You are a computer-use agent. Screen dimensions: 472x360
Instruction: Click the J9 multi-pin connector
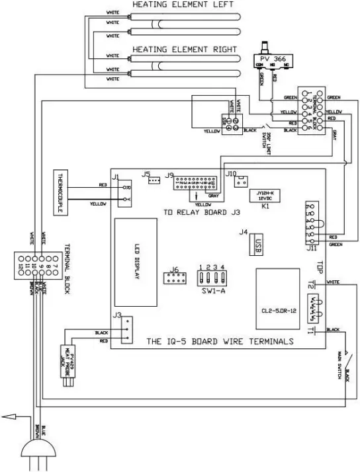pos(197,182)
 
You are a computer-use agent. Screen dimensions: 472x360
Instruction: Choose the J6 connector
pos(175,278)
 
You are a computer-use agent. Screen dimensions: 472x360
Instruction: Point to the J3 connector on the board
pos(126,329)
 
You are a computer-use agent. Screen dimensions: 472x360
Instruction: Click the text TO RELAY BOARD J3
pos(201,213)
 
